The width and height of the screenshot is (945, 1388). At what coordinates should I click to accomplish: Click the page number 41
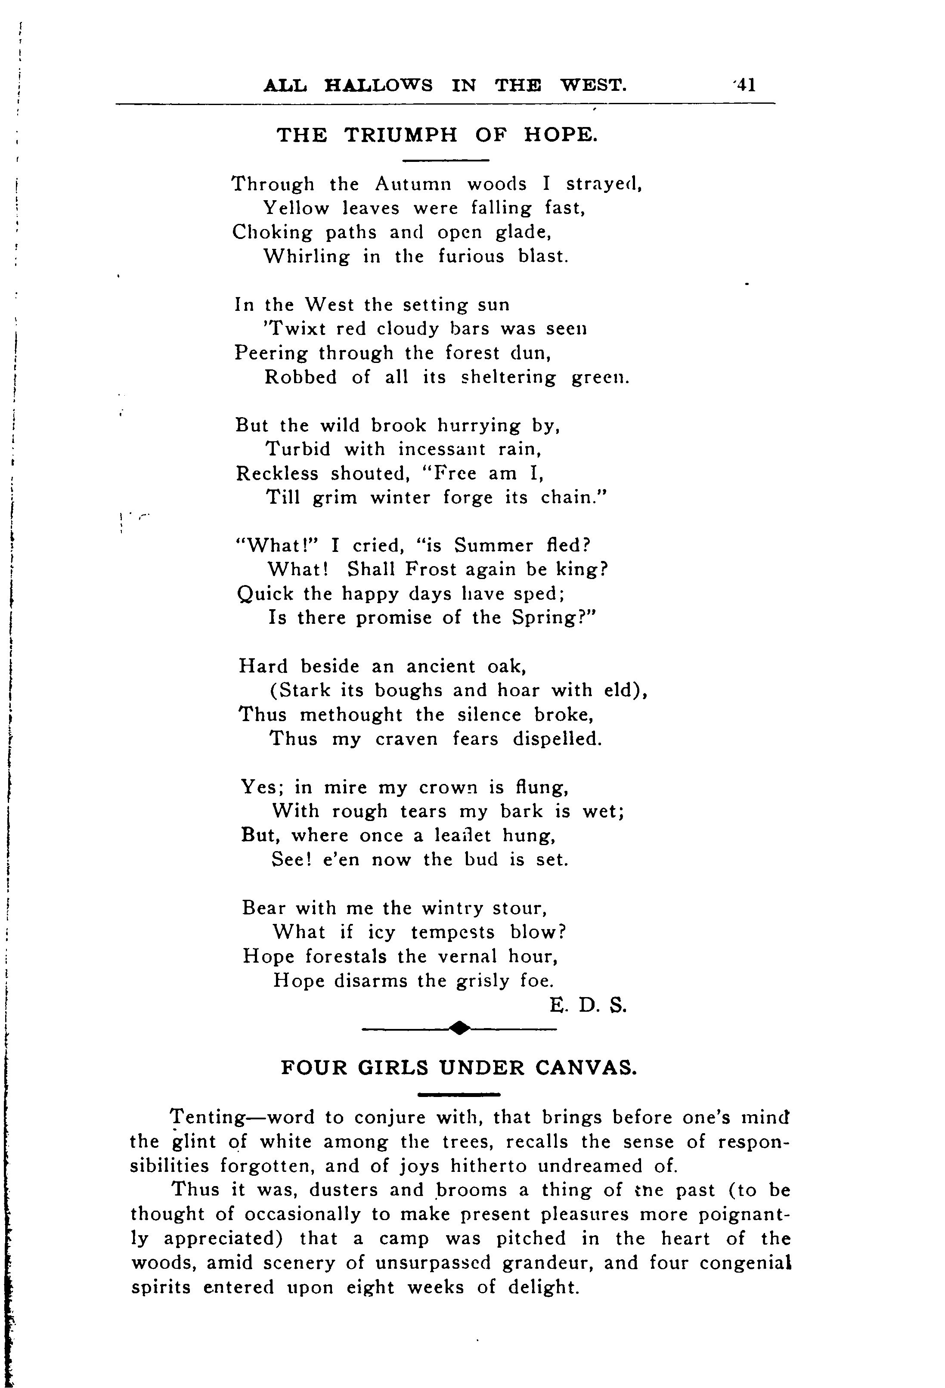[x=746, y=85]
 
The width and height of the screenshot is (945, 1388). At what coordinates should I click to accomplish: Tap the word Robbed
[x=301, y=378]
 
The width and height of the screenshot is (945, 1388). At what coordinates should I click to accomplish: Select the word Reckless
[x=277, y=474]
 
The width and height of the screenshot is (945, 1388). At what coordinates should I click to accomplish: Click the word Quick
[x=265, y=594]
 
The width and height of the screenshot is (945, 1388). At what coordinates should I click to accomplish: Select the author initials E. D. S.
[x=589, y=1007]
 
